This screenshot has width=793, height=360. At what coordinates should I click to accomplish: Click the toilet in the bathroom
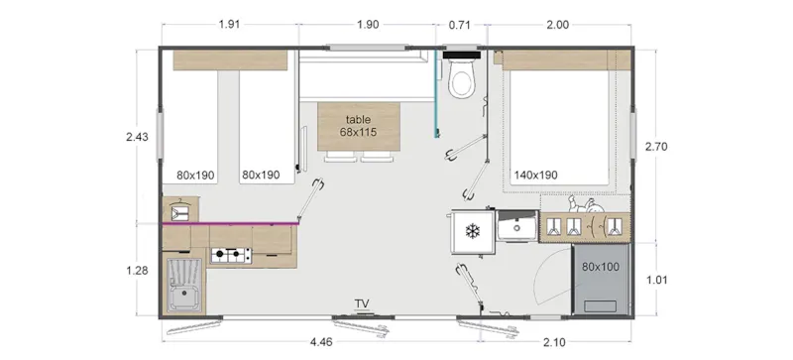[x=462, y=80]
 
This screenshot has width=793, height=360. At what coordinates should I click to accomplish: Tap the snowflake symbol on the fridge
[x=472, y=231]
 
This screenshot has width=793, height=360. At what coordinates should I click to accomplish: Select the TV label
[x=364, y=303]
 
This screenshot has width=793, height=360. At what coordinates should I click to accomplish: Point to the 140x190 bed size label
[x=535, y=176]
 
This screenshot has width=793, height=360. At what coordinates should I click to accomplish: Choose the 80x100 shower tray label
[x=601, y=267]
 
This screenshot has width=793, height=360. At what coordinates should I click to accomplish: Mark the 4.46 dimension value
[x=321, y=343]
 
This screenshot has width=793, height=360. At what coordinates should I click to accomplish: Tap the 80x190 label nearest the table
[x=260, y=176]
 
